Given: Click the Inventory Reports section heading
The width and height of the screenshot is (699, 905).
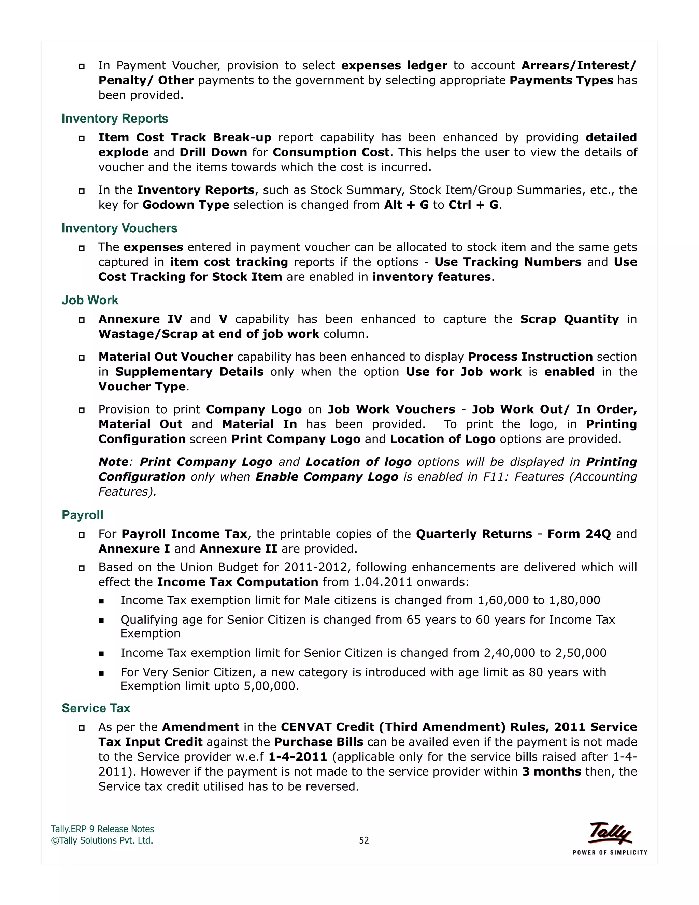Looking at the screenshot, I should coord(115,119).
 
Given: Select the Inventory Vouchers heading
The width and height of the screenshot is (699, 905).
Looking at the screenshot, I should coord(119,228).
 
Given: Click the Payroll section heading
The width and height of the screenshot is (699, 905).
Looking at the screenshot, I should coord(82,515).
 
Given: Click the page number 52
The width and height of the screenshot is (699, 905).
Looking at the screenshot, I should coord(363,840).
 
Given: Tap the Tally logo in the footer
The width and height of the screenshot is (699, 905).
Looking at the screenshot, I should coord(610,833).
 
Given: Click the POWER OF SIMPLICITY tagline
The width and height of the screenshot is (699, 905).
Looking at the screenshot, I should coord(610,853).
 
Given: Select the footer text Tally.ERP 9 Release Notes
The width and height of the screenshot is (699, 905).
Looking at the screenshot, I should coord(102,829).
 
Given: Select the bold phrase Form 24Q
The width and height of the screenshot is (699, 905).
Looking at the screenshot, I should coord(579,534).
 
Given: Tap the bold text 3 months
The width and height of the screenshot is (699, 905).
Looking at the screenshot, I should coord(552,771).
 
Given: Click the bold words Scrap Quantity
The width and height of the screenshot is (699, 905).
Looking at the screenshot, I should coord(569,319).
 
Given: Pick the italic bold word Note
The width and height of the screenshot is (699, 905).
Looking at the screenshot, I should coord(113,462).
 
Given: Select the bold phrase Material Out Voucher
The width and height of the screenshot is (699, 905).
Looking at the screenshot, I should coord(166,357).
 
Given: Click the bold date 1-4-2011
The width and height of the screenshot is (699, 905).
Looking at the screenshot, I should coord(298,757).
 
